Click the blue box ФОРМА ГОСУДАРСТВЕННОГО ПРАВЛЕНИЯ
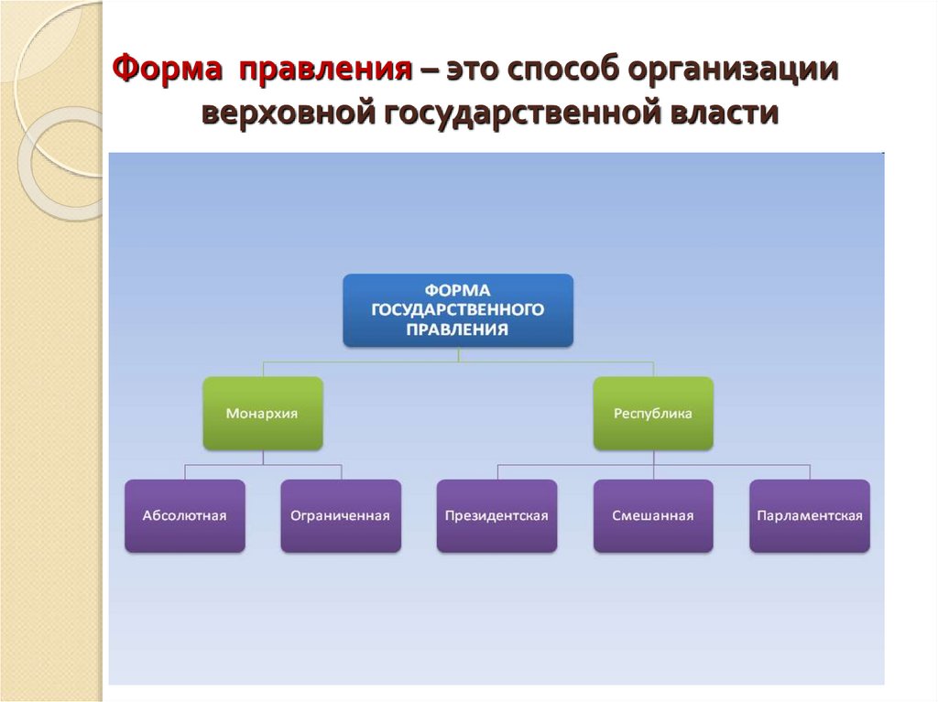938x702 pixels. (458, 310)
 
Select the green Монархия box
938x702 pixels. (262, 414)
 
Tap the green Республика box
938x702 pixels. (652, 414)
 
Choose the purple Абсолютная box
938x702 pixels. (184, 516)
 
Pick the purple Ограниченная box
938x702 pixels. (340, 516)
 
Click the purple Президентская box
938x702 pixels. (496, 516)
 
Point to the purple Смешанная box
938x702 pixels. (652, 516)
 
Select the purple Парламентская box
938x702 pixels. (809, 516)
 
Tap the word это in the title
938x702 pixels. (475, 70)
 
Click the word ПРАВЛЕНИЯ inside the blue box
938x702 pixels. (457, 329)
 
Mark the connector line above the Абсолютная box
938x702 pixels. (185, 471)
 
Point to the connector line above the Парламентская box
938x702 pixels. (810, 471)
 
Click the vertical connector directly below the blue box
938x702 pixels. (458, 354)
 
